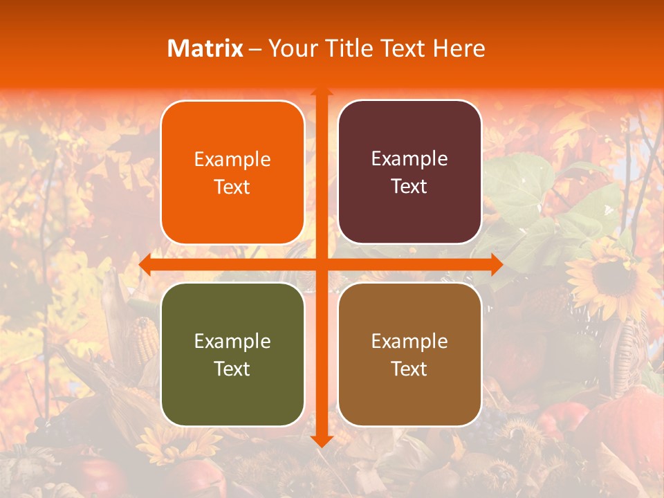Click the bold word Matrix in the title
point(205,48)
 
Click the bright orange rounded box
point(232,172)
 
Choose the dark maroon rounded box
point(409,172)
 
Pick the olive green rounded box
point(232,354)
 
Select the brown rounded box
point(409,354)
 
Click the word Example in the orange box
point(232,160)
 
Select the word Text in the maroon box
point(409,187)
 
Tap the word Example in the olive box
point(232,341)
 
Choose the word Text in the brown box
point(409,369)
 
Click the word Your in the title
point(290,48)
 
